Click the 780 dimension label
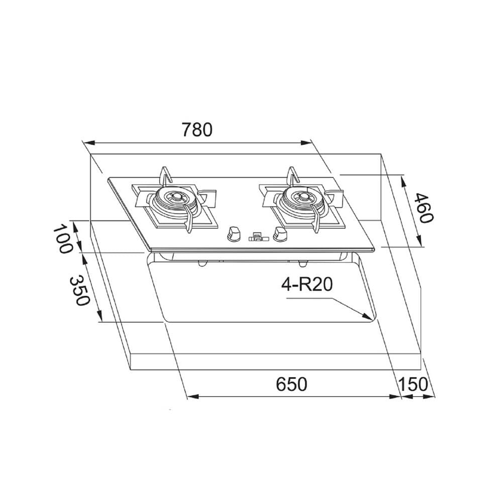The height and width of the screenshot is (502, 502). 197,130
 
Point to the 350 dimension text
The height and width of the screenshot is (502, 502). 78,290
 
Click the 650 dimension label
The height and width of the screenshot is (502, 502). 291,384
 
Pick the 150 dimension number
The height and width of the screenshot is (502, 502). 413,384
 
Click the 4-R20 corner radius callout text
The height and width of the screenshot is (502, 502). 307,284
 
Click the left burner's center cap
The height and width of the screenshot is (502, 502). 176,196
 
